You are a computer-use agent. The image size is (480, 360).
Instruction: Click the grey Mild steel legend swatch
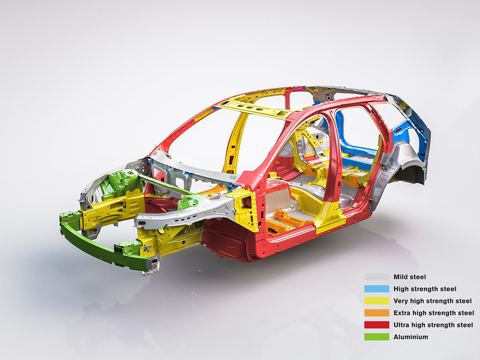click(376, 277)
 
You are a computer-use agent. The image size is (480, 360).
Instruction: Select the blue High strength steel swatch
click(376, 289)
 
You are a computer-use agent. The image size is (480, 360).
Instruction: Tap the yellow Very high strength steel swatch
click(376, 300)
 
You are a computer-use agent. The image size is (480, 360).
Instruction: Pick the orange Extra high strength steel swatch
click(376, 313)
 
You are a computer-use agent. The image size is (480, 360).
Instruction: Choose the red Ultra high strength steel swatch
click(376, 325)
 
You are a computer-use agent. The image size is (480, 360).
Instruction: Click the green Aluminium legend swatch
click(376, 337)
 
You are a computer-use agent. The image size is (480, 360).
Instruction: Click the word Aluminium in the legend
click(411, 337)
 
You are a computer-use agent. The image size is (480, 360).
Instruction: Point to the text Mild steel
click(410, 277)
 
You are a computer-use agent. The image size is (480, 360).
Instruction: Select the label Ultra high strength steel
click(433, 325)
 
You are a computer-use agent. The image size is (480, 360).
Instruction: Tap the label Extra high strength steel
click(433, 313)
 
